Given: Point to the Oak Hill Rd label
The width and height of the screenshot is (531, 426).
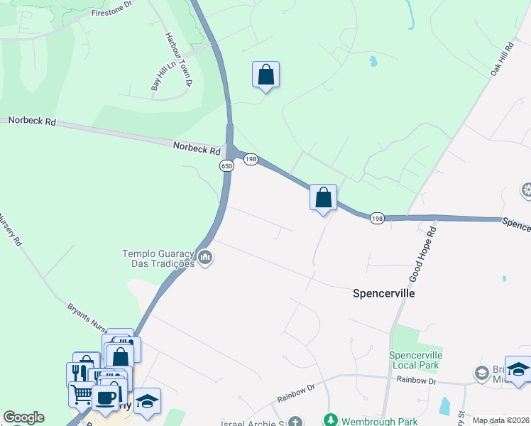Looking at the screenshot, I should pyautogui.click(x=501, y=59).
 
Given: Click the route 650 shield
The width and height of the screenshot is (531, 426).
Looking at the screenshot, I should pyautogui.click(x=226, y=165).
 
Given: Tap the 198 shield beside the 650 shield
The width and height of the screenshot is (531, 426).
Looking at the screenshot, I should pyautogui.click(x=251, y=160).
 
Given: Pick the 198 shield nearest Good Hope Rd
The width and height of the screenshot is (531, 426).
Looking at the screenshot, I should pyautogui.click(x=377, y=219).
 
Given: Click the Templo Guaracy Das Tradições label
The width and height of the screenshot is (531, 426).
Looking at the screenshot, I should pyautogui.click(x=158, y=258).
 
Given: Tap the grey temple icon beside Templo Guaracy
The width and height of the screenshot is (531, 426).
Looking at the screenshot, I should pyautogui.click(x=205, y=257).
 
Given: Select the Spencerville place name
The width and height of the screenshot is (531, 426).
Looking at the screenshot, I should pyautogui.click(x=383, y=293).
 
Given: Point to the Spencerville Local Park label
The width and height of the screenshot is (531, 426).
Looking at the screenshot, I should pyautogui.click(x=416, y=360).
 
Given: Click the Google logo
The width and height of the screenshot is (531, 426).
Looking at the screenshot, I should pyautogui.click(x=23, y=417).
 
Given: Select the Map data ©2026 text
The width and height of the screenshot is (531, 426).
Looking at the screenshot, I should pyautogui.click(x=500, y=420).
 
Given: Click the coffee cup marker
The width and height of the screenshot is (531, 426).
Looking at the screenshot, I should pyautogui.click(x=105, y=398).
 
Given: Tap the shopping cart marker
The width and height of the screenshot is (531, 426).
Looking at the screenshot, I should pyautogui.click(x=82, y=391).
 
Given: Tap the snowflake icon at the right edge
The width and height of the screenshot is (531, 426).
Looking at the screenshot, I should pyautogui.click(x=527, y=190).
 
